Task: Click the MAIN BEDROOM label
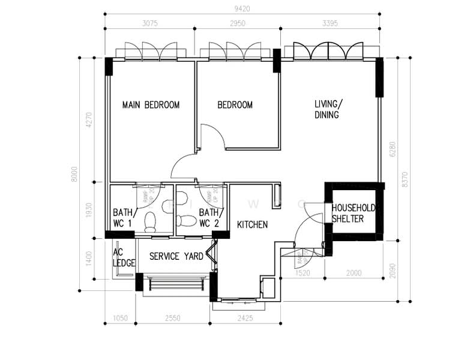(x=151, y=105)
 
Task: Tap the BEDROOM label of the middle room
(x=235, y=105)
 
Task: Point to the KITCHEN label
(x=252, y=224)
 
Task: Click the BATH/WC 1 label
(x=125, y=218)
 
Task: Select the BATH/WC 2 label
(x=211, y=218)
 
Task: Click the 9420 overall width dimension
(x=242, y=8)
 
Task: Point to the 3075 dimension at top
(x=150, y=24)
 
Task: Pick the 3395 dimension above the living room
(x=330, y=24)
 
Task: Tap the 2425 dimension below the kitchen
(x=246, y=319)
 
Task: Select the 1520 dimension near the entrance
(x=303, y=273)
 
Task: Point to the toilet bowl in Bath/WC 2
(x=187, y=221)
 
